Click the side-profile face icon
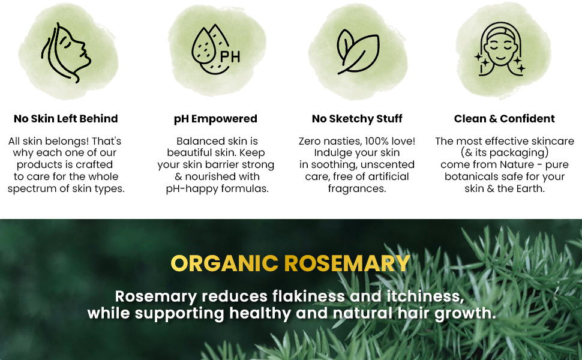click(x=66, y=53)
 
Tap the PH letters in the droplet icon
click(x=230, y=57)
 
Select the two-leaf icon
click(x=358, y=52)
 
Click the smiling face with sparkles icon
click(x=500, y=49)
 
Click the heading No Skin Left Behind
click(x=65, y=119)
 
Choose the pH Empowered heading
click(x=215, y=119)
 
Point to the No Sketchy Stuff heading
click(x=357, y=119)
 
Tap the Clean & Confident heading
click(x=505, y=119)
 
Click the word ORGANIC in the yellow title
click(x=224, y=263)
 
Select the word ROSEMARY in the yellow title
click(x=347, y=263)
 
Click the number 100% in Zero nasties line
click(x=377, y=141)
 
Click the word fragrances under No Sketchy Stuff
click(x=357, y=189)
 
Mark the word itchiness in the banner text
click(x=425, y=296)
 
